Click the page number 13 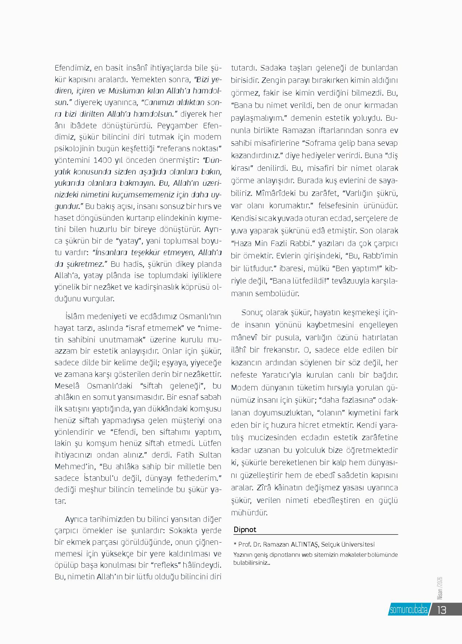pos(441,609)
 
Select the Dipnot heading pos(245,530)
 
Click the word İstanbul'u pos(108,477)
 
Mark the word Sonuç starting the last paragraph pos(252,313)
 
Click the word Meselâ pos(67,385)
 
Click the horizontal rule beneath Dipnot pos(316,535)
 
